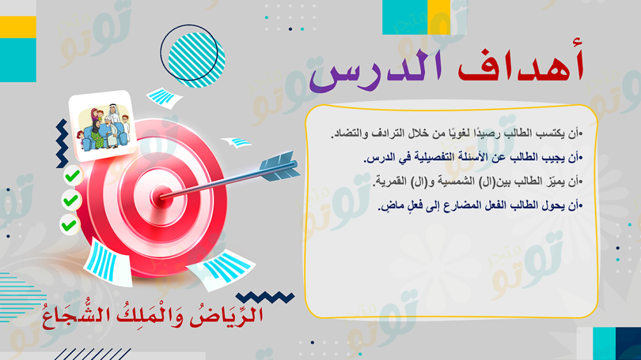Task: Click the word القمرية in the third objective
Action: (391, 181)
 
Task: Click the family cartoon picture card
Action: (102, 125)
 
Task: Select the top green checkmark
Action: (72, 176)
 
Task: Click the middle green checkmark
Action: (71, 200)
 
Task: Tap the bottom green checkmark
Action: (69, 225)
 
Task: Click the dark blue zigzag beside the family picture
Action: (62, 143)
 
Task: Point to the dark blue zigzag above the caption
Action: (265, 297)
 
